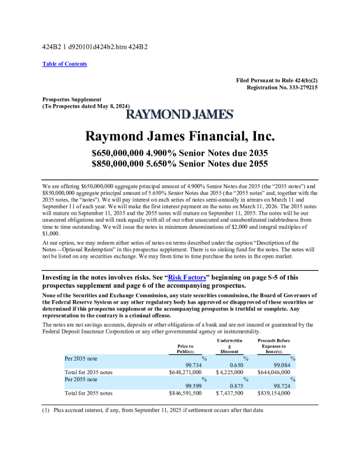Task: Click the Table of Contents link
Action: point(65,64)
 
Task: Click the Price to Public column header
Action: point(185,349)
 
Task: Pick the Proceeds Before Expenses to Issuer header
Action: point(274,346)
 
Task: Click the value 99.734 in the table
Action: point(194,365)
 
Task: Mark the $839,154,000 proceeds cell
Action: point(274,392)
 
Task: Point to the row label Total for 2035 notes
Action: point(88,372)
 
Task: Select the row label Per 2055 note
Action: point(81,380)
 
